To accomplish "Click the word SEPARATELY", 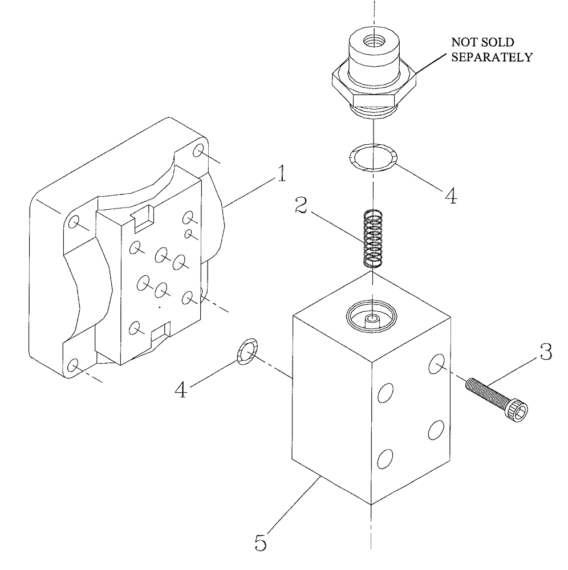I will [492, 57].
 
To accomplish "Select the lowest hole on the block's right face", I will [386, 458].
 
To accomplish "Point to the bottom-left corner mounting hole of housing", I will [74, 365].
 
